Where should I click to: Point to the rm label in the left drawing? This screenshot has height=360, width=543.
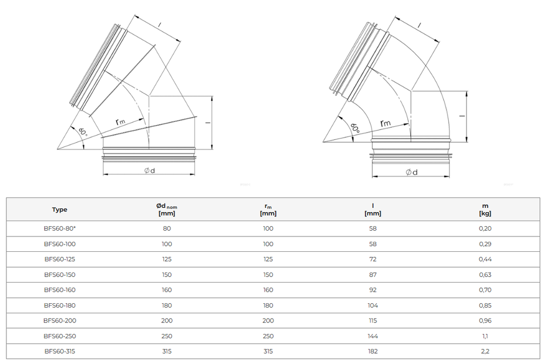coord(120,121)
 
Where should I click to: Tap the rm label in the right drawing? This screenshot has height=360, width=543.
coord(385,123)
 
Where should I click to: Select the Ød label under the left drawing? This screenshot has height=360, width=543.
coord(150,170)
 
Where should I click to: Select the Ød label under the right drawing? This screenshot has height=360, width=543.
coord(411,172)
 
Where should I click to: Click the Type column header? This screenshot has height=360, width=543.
coord(59,209)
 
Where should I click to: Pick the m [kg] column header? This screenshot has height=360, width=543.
coord(485,209)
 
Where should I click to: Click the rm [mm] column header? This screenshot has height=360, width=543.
coord(268,209)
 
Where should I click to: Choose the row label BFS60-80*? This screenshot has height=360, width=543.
coord(59,229)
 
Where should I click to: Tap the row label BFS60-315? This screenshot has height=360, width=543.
coord(59,351)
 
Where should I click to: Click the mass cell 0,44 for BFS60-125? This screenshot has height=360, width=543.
coord(485,259)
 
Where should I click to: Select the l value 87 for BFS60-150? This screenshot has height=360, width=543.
coord(373,275)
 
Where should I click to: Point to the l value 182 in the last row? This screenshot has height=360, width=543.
coord(373,351)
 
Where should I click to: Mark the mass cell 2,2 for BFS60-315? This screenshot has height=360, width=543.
coord(485,351)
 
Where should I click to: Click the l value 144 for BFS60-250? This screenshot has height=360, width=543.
coord(373,336)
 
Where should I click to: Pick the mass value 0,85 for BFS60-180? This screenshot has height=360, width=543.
coord(485,305)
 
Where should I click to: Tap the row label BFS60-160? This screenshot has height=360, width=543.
coord(59,290)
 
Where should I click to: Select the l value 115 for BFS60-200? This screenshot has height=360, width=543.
coord(373,320)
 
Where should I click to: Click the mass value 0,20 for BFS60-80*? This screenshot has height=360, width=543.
coord(485,229)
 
